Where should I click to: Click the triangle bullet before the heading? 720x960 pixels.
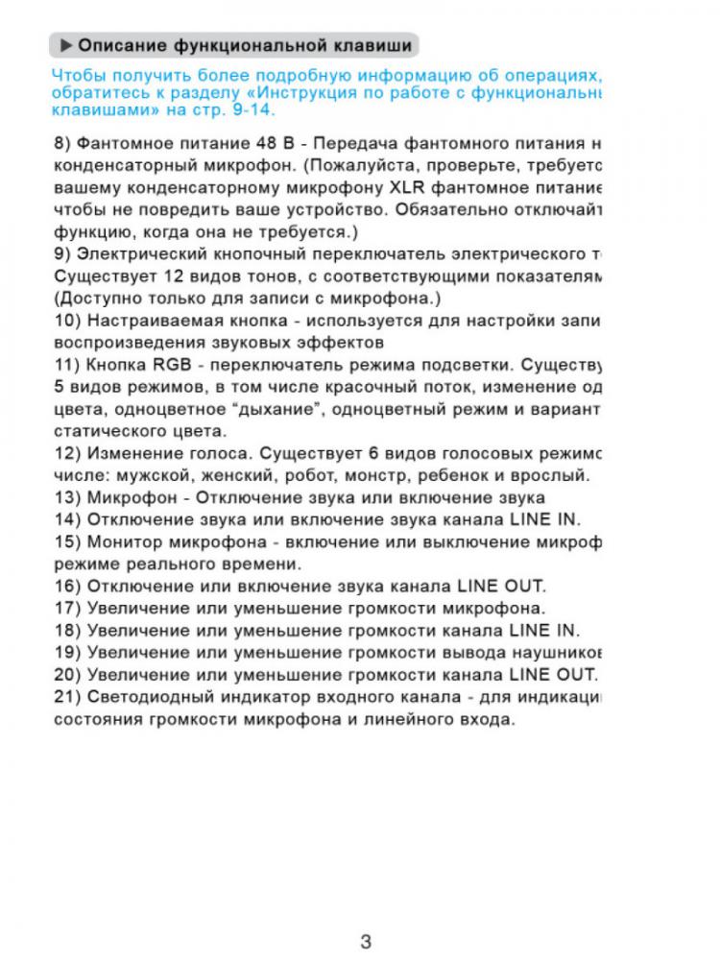tap(65, 45)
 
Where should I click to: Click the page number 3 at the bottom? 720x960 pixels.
tap(365, 941)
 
